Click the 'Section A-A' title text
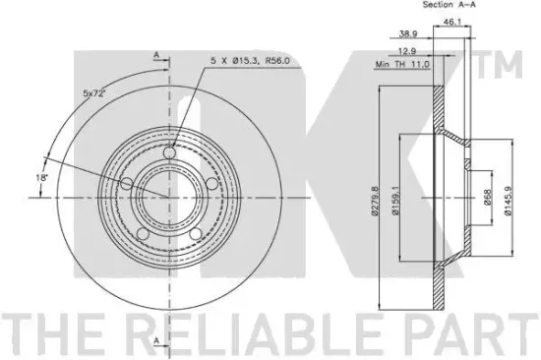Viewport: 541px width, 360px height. (x=449, y=5)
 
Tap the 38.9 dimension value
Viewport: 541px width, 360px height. (x=408, y=33)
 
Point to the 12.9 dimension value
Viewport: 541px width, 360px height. (x=407, y=51)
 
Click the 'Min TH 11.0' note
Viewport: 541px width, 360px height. (x=402, y=64)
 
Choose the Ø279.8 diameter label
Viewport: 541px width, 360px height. (x=375, y=202)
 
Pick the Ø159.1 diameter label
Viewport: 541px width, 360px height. (x=395, y=201)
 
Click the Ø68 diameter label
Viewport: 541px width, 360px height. (x=487, y=197)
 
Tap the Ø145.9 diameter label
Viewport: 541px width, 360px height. (x=508, y=201)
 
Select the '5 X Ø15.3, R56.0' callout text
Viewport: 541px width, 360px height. (x=250, y=61)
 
